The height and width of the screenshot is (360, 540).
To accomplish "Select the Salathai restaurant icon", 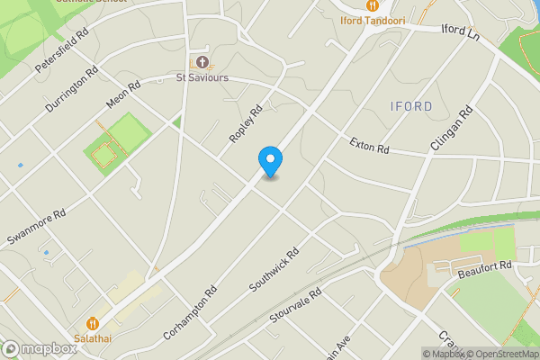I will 93,323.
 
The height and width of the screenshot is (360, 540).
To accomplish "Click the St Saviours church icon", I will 202,62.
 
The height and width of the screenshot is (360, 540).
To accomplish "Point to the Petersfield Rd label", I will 63,54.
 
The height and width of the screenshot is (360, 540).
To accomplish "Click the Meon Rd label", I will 123,97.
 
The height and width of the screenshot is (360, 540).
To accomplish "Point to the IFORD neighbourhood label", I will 412,106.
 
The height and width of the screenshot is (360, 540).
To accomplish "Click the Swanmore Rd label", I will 37,229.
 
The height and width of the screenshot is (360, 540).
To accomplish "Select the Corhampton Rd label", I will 190,312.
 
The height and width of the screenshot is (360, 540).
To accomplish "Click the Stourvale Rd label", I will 295,307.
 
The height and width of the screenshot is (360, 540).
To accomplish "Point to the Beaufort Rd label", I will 483,266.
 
